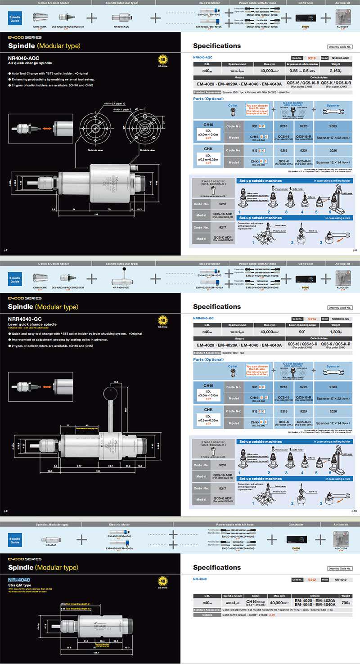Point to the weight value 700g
[345, 601]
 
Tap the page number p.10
[354, 511]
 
